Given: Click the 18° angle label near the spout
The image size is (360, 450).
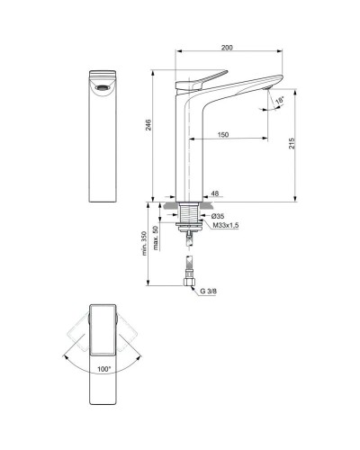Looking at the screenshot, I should [279, 99].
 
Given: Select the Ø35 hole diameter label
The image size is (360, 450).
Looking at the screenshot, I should [217, 216].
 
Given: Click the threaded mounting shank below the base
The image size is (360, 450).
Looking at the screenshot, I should [188, 216].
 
